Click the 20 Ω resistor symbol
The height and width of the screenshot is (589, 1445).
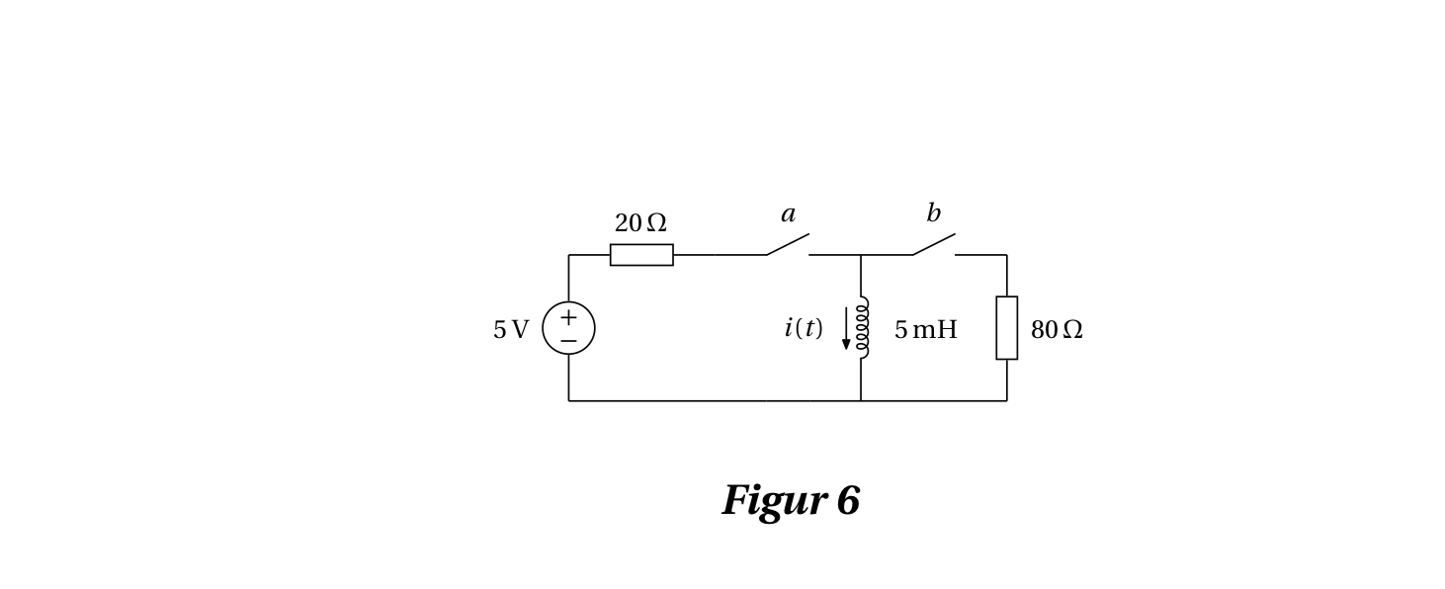tap(641, 255)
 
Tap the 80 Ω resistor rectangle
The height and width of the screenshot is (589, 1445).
tap(1006, 328)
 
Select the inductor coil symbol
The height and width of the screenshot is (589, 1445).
tap(862, 328)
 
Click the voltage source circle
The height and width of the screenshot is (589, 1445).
tap(568, 328)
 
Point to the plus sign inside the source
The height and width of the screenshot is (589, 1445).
tap(568, 317)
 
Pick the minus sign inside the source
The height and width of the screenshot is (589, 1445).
tap(568, 341)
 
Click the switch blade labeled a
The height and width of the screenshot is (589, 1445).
tap(788, 244)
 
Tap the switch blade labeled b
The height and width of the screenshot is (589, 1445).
tap(934, 244)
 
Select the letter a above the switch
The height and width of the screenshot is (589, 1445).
tap(788, 214)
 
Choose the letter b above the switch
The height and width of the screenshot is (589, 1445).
tap(933, 213)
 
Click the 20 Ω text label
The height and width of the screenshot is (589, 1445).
tap(640, 223)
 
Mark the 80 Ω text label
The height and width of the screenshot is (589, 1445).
tap(1057, 330)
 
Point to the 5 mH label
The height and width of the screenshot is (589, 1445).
tap(925, 330)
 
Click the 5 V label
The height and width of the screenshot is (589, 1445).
tap(511, 330)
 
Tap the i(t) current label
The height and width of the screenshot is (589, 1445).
tap(803, 328)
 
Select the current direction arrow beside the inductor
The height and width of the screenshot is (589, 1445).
tap(846, 329)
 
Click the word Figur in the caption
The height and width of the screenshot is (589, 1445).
tap(774, 502)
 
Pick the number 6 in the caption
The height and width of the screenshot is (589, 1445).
tap(848, 502)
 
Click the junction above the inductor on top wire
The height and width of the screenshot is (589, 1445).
tap(861, 255)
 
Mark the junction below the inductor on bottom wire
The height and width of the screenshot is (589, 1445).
tap(861, 400)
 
